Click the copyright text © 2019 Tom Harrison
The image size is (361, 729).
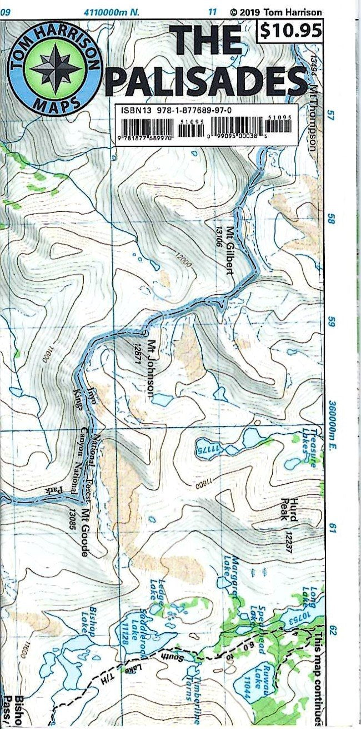click(x=275, y=11)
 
